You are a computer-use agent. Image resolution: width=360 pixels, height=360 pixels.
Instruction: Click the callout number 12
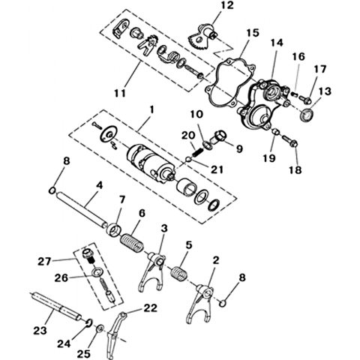pos(226,5)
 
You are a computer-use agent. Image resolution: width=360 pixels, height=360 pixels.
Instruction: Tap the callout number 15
pos(252,33)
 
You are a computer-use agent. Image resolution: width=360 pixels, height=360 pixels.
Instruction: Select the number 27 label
pos(44,262)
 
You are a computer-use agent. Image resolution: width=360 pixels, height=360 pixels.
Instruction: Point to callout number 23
pos(40,331)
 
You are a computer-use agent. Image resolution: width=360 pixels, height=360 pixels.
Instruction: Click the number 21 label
pos(216,169)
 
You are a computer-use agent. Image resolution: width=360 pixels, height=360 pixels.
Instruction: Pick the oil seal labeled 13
pos(307,115)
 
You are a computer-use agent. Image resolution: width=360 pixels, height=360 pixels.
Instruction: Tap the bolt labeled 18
pos(289,140)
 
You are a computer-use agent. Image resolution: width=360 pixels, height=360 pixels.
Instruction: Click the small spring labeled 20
pos(198,152)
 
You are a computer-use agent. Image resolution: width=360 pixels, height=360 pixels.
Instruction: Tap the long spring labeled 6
pos(132,242)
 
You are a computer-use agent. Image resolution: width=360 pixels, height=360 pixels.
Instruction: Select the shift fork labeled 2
pos(201,302)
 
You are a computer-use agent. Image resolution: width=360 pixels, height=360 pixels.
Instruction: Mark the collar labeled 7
pos(115,229)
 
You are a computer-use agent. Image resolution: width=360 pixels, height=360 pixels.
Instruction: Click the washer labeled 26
pos(97,272)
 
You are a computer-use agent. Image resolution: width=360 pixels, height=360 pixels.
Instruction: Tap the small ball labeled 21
pos(188,160)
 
